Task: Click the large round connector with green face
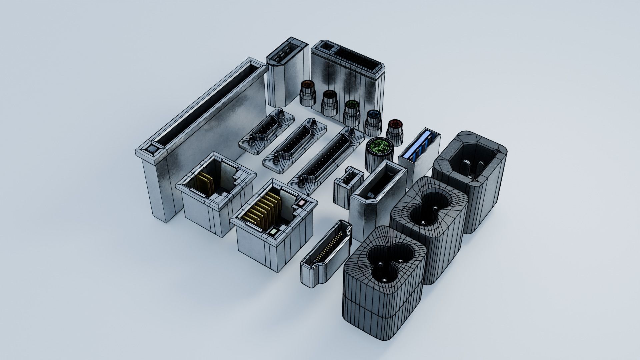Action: pyautogui.click(x=380, y=147)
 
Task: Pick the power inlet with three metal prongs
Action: pyautogui.click(x=470, y=173)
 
